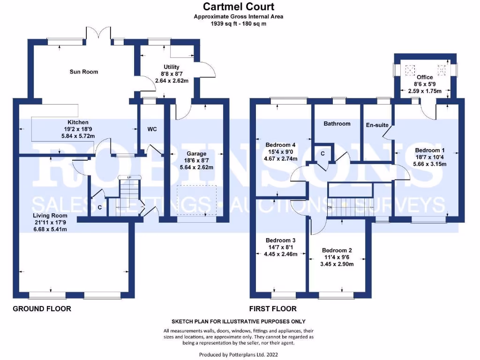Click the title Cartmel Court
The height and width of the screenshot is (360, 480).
point(239,7)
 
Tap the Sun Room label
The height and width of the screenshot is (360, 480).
point(84,72)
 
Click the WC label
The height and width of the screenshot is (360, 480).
point(152,128)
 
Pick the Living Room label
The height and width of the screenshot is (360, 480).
point(46,215)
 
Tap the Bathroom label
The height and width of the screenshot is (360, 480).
point(337,124)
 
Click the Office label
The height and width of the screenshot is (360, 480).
point(425,77)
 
